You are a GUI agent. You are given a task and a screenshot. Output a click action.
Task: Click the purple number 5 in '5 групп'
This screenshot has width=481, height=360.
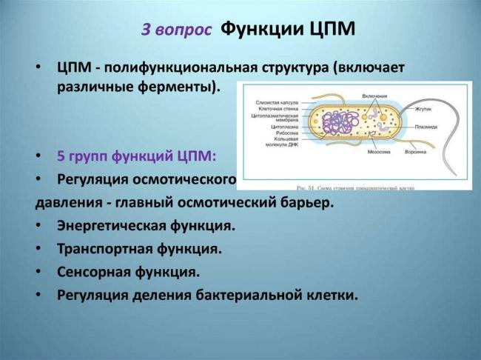click(61, 157)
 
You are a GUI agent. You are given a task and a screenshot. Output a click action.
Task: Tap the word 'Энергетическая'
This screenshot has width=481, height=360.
click(114, 225)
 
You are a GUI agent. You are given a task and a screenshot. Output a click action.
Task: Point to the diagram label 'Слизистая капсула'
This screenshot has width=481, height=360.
click(276, 103)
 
